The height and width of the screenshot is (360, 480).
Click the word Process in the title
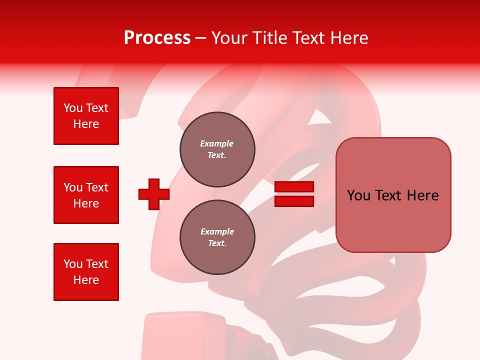coord(157,38)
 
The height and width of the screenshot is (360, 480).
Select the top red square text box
coord(86,116)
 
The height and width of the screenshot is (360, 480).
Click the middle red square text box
coord(86,195)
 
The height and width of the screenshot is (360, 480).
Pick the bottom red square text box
coord(86,272)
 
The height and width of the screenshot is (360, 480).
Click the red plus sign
coord(154,194)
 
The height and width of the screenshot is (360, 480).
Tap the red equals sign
coord(294,194)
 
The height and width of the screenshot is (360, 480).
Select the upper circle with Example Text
coord(217,149)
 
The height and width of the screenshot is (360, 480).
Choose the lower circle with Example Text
coord(217,237)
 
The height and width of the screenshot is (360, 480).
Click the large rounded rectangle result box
coord(393,195)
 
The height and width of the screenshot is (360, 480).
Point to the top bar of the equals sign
coord(294,187)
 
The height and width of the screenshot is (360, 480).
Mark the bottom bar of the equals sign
coord(294,201)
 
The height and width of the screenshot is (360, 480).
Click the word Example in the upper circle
coord(217,143)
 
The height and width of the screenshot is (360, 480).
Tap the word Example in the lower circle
coord(217,231)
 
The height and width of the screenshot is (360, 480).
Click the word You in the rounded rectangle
coord(358,195)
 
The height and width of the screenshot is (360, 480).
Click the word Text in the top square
coord(97,108)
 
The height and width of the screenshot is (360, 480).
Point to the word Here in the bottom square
coord(86,280)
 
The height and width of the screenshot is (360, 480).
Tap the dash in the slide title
coord(201,38)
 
